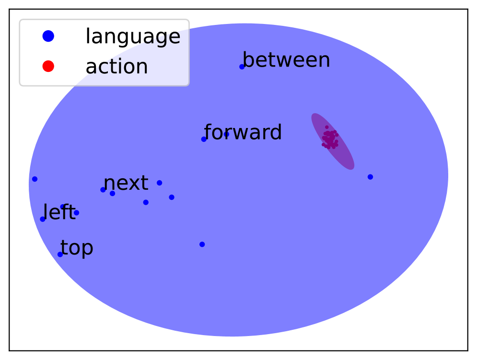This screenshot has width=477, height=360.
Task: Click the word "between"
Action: click(286, 60)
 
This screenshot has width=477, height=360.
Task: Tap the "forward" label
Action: click(243, 132)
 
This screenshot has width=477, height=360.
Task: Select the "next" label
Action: click(126, 183)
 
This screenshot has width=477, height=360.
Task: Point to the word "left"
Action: click(59, 211)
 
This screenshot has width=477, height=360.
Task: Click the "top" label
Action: click(77, 248)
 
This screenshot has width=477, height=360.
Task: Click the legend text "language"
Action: click(133, 36)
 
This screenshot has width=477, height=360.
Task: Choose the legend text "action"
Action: click(117, 66)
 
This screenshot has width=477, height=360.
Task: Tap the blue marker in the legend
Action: click(48, 36)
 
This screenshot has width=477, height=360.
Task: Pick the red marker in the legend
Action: click(48, 66)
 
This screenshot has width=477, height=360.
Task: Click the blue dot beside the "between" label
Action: click(242, 67)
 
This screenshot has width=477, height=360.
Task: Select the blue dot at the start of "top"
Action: click(60, 255)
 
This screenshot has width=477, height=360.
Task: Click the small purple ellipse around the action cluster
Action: click(333, 141)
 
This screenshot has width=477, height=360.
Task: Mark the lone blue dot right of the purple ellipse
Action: click(370, 177)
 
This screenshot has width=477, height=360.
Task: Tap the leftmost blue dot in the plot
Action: click(35, 179)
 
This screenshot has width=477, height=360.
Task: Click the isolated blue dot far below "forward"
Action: click(202, 244)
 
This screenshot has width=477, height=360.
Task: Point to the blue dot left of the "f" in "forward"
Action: click(204, 139)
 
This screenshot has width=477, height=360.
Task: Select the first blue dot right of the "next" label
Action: click(160, 183)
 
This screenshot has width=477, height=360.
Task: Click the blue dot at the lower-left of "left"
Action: click(43, 219)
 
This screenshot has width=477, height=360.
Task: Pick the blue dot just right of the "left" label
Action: click(76, 213)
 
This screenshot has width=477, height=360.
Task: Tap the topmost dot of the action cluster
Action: click(327, 127)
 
